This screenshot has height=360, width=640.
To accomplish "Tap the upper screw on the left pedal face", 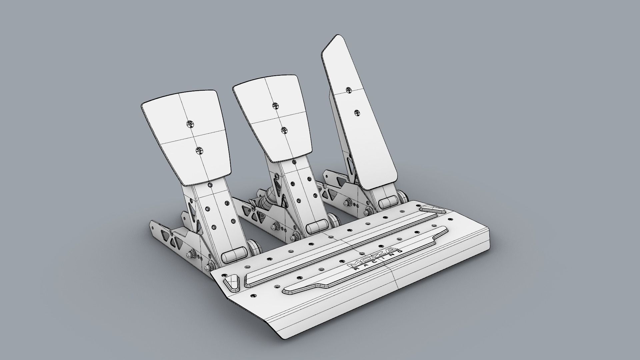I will (x=190, y=124).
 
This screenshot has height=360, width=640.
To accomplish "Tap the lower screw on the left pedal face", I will (x=200, y=151).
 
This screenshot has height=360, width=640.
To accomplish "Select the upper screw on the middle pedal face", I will (x=275, y=106).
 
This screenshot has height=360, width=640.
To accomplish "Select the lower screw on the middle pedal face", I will (x=284, y=130).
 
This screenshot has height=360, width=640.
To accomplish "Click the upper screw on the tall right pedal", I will (x=349, y=90).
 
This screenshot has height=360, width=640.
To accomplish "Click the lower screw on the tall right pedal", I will (x=357, y=113).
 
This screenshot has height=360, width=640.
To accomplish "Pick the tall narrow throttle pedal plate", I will (x=358, y=110).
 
